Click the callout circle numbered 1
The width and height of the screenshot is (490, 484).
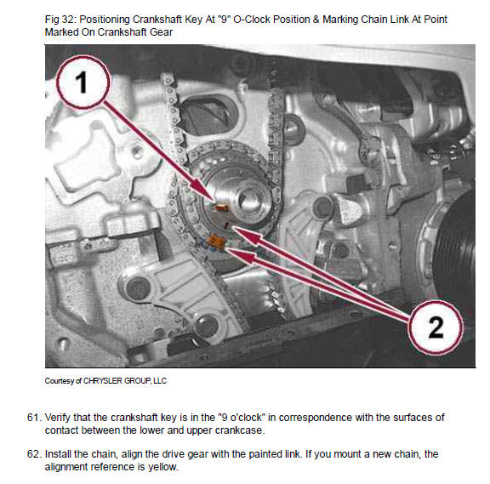83,83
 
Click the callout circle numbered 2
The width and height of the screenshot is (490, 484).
436,327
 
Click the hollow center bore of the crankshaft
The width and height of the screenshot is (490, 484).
250,200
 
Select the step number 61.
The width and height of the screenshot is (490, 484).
34,418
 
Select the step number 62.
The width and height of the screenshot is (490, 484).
34,454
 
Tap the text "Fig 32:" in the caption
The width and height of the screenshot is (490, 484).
60,20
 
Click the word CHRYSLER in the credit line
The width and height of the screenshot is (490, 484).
102,381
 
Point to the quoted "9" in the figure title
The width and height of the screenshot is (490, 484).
225,20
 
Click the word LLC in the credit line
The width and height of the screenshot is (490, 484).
160,381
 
